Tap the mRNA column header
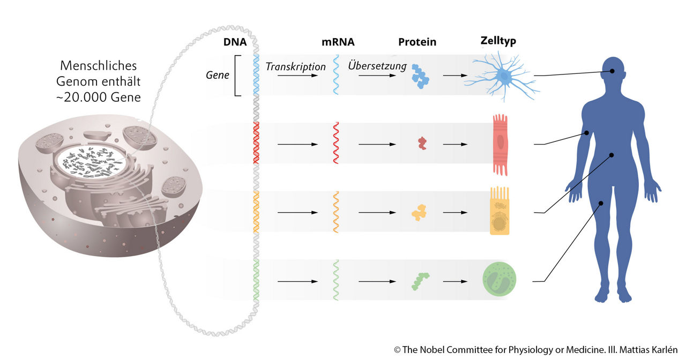[338, 42]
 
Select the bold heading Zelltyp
[498, 41]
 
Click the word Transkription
[296, 67]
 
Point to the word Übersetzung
[377, 66]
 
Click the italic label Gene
[218, 75]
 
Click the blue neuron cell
[501, 77]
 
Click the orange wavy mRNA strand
[336, 212]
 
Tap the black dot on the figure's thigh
[602, 203]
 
